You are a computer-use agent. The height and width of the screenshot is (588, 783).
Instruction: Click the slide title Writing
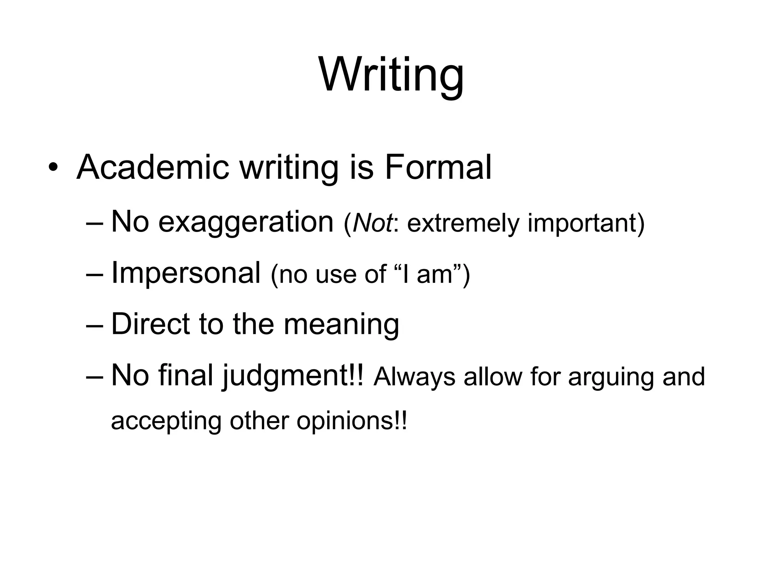391,75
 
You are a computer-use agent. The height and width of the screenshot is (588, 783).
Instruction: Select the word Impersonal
186,273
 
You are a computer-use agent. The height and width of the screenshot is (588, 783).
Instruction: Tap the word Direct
150,324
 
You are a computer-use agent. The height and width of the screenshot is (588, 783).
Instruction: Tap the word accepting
166,422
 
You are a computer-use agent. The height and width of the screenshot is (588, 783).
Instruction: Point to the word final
185,375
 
